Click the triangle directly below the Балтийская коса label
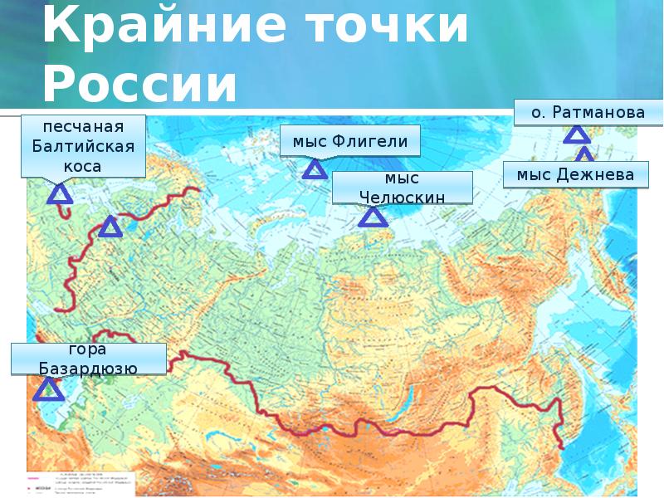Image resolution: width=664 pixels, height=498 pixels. (x=60, y=196)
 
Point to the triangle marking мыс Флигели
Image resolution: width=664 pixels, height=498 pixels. (x=315, y=171)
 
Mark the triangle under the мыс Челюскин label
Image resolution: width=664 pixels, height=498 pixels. (x=373, y=217)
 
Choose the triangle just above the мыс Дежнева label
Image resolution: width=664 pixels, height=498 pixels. (x=584, y=155)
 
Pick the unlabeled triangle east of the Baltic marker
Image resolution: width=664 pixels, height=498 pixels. (x=110, y=227)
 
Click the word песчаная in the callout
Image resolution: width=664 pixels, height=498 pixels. (x=83, y=128)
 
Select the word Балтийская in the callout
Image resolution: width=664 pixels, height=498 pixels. (x=83, y=147)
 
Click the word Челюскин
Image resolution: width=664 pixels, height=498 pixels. (x=403, y=197)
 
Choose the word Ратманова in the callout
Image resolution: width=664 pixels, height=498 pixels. (x=591, y=111)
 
